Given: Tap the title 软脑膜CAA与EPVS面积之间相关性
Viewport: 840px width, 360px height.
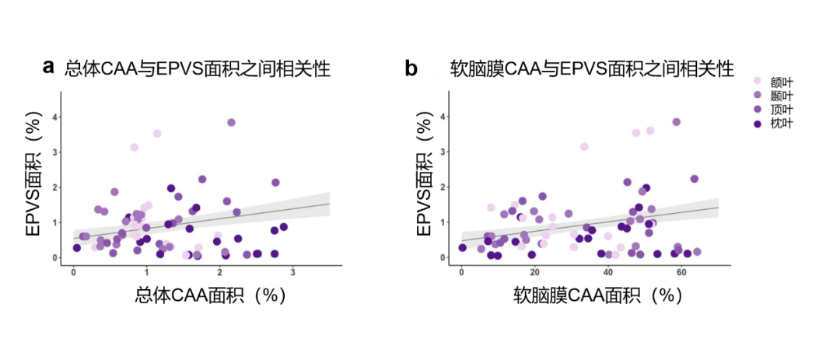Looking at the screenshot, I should (592, 68).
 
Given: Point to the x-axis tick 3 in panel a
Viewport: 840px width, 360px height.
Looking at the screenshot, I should (292, 272).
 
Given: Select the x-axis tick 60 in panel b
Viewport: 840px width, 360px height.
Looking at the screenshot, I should (681, 272).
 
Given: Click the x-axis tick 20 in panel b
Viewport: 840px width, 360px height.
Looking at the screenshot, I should (534, 272).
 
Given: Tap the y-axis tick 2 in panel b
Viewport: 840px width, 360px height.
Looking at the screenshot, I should (441, 187).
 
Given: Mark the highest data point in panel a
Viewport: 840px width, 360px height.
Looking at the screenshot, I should (231, 122).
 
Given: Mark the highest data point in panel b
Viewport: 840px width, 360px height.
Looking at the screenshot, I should (676, 122).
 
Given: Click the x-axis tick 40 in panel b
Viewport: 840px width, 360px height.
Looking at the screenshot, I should (607, 272).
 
